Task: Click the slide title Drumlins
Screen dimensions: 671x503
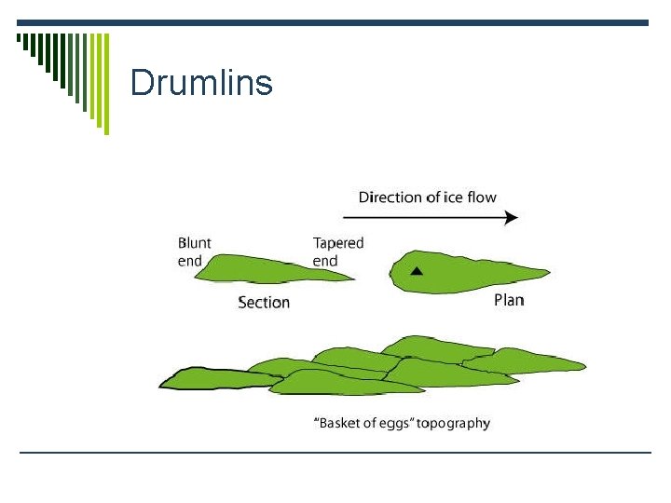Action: (201, 83)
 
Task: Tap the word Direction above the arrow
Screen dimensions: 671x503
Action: (391, 197)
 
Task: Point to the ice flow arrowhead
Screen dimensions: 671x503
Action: (511, 218)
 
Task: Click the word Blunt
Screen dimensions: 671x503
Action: (195, 243)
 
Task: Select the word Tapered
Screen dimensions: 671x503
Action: (338, 243)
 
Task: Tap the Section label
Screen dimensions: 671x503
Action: (264, 302)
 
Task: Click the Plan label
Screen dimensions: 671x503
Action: (509, 300)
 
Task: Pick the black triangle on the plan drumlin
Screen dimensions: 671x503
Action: (418, 271)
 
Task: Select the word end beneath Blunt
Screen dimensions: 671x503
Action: (190, 261)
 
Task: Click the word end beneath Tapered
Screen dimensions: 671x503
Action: (325, 261)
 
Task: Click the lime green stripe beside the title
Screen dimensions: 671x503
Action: (104, 84)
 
